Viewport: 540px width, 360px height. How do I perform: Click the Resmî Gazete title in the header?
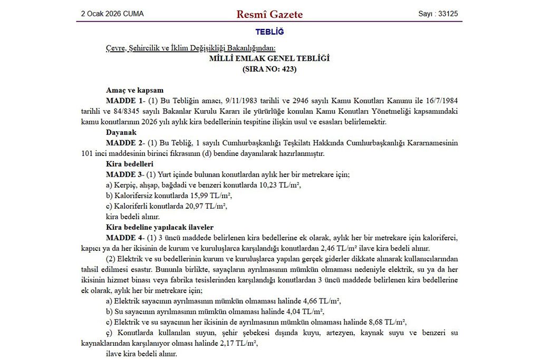269,14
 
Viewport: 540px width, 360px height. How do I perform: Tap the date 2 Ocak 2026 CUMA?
112,14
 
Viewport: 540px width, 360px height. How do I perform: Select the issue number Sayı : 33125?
438,14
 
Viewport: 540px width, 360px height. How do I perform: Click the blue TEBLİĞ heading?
269,32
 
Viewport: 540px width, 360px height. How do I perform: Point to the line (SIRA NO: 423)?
269,69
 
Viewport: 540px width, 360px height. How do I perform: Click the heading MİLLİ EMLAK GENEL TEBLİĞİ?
269,59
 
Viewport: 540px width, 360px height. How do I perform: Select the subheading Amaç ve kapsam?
134,90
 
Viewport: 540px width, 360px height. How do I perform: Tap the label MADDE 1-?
122,101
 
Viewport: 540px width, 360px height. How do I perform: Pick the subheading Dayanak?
121,132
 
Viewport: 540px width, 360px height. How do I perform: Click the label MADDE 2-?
122,143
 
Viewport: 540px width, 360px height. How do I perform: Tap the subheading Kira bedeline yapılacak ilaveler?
159,227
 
